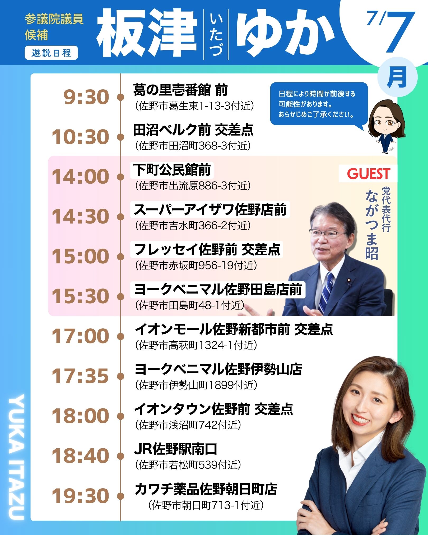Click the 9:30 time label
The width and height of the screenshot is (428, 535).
coord(86,97)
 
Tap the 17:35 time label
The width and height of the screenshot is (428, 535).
coord(80,376)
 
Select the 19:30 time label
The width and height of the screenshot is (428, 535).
coord(80,495)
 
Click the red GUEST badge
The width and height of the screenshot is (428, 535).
coord(368,174)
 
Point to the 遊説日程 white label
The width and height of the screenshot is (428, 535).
coord(52,53)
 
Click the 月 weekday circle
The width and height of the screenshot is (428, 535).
coord(397,77)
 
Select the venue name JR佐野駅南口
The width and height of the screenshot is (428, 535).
coord(175,449)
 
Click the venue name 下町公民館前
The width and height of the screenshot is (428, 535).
coord(172,170)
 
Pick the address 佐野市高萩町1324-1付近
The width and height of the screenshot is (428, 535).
coord(196,345)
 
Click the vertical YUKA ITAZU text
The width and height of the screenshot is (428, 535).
coord(17,457)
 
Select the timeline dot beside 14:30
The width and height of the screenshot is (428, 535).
coord(120,217)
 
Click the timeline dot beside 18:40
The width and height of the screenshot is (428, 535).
coord(120,456)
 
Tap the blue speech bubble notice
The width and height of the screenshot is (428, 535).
coord(319,104)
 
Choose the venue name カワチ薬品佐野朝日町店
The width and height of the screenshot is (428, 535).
coord(206,489)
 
